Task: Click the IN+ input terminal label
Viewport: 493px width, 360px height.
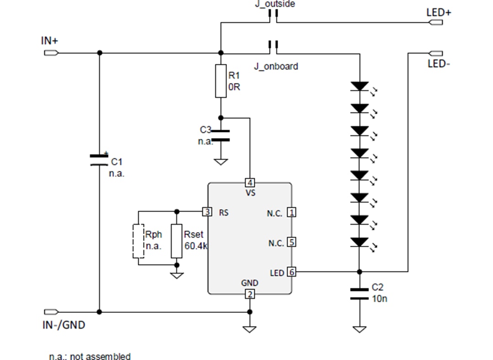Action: pyautogui.click(x=49, y=41)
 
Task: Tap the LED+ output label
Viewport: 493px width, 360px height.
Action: pyautogui.click(x=438, y=12)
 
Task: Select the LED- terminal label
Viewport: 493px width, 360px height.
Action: pyautogui.click(x=439, y=64)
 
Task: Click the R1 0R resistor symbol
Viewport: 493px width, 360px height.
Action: pyautogui.click(x=220, y=81)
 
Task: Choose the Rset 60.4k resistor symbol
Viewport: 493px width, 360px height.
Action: pyautogui.click(x=177, y=241)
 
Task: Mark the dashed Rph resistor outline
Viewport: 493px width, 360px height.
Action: pyautogui.click(x=138, y=241)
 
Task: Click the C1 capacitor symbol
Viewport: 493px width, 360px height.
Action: pyautogui.click(x=99, y=159)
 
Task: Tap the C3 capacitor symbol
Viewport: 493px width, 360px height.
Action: pyautogui.click(x=220, y=136)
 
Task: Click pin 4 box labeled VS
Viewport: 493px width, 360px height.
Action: pyautogui.click(x=250, y=183)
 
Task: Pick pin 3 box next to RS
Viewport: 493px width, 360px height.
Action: pyautogui.click(x=207, y=212)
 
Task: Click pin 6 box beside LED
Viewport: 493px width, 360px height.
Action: pyautogui.click(x=291, y=272)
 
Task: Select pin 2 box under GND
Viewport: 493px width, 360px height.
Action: pyautogui.click(x=249, y=294)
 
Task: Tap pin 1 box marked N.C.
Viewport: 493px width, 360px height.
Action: pyautogui.click(x=291, y=212)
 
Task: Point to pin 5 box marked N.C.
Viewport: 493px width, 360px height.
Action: pyautogui.click(x=291, y=242)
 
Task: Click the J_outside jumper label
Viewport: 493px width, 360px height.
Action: pyautogui.click(x=274, y=4)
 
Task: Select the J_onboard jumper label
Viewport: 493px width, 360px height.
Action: pyautogui.click(x=276, y=66)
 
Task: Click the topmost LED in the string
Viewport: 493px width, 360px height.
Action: pyautogui.click(x=360, y=86)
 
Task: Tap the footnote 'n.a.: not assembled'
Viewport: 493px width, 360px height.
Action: pyautogui.click(x=90, y=356)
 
